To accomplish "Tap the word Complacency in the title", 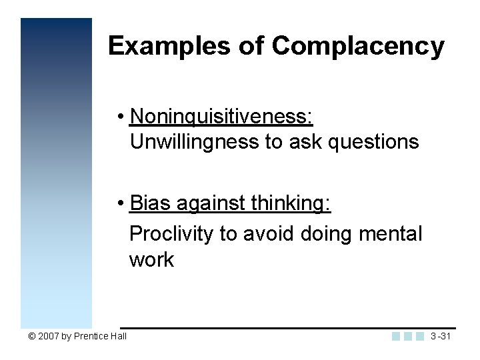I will (358, 46).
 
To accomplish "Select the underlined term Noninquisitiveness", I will (221, 117).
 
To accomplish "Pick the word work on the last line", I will (151, 259).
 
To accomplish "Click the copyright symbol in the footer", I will (31, 336).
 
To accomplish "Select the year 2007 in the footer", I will (48, 336).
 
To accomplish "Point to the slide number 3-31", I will (441, 336).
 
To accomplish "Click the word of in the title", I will (253, 46).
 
